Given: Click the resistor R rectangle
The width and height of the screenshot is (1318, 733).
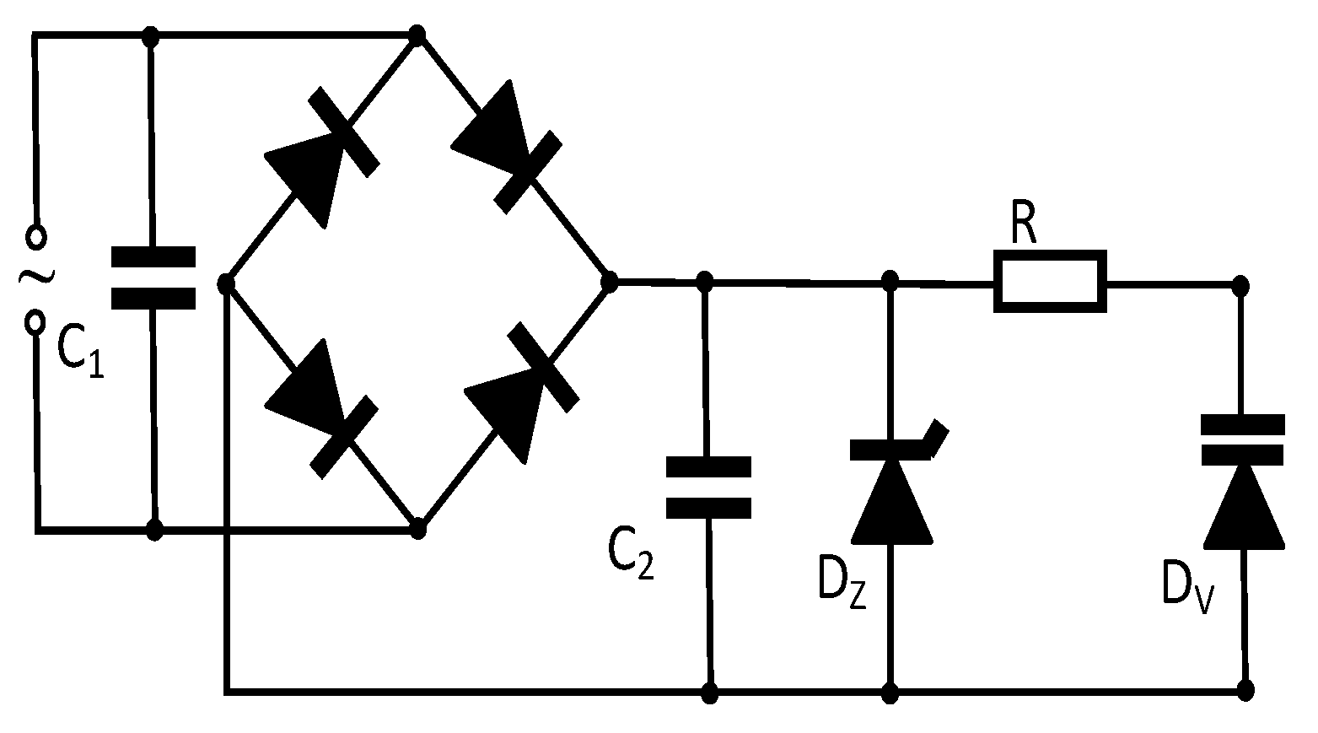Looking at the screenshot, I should (x=1050, y=281).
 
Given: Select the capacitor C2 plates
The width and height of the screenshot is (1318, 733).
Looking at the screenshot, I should (x=708, y=487).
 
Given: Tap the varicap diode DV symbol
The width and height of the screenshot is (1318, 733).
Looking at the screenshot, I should (x=1243, y=489).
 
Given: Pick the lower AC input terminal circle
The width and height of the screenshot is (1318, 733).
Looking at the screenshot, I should (x=35, y=321).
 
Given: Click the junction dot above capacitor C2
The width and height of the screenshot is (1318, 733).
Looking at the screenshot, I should (x=706, y=281).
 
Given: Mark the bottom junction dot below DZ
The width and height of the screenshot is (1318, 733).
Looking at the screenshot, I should (x=890, y=693).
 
